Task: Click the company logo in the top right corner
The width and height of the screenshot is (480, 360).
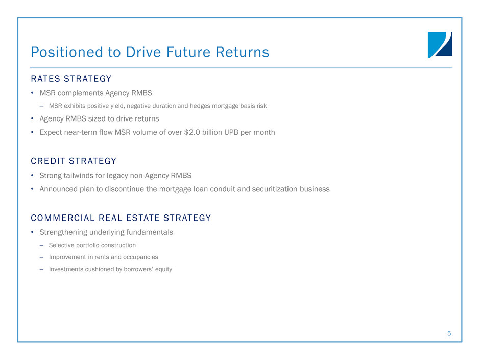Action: [x=440, y=44]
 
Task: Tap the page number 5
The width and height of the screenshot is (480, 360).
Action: [x=449, y=333]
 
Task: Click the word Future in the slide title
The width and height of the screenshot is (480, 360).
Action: [x=188, y=52]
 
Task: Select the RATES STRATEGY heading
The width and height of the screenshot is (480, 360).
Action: [x=71, y=79]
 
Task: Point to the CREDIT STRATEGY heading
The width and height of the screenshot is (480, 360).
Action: [x=74, y=161]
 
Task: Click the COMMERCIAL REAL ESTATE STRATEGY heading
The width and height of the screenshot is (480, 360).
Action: [x=121, y=218]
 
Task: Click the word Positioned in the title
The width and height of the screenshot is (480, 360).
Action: [x=67, y=52]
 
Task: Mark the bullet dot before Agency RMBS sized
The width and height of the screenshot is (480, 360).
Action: [x=32, y=119]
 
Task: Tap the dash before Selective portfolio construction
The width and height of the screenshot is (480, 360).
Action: [x=41, y=246]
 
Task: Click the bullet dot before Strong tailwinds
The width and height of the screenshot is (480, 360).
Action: [x=32, y=176]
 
